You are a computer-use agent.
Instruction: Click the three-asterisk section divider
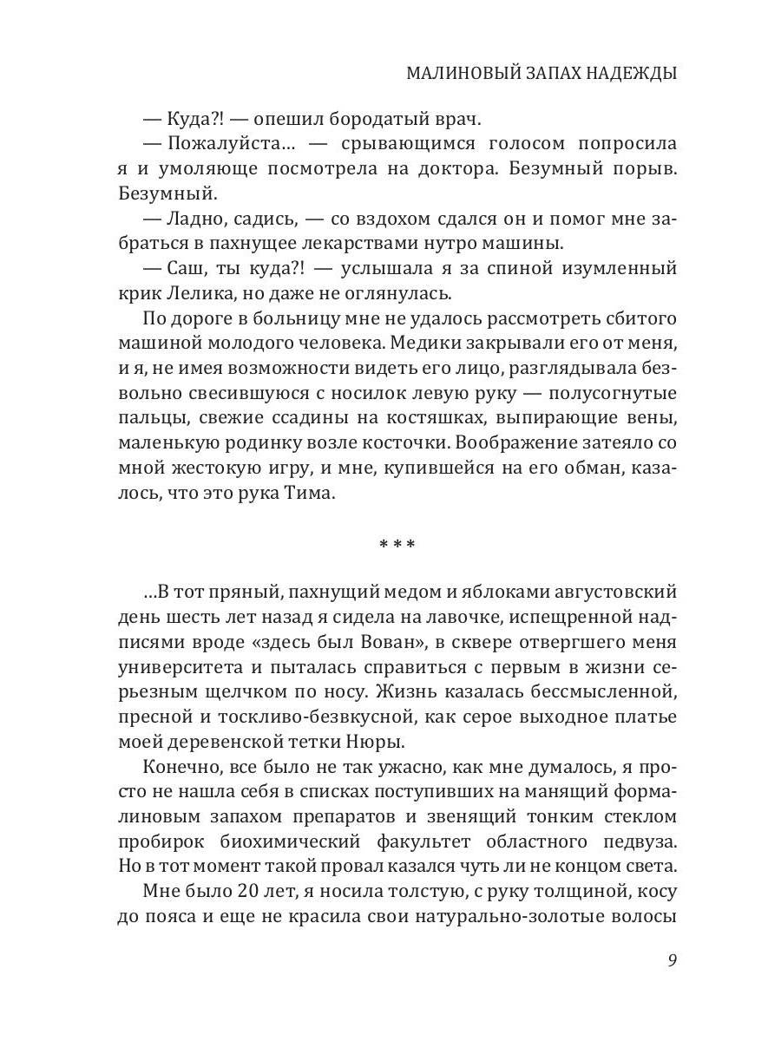point(397,546)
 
